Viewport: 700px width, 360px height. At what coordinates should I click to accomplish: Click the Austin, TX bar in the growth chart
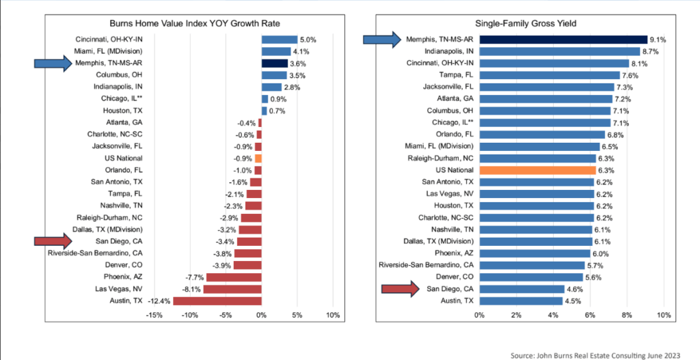tap(217, 301)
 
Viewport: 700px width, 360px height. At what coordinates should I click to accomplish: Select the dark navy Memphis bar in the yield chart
tap(563, 40)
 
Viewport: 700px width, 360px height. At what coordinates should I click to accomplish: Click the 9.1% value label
tap(658, 40)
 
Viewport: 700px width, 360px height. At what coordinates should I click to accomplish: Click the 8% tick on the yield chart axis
tap(626, 315)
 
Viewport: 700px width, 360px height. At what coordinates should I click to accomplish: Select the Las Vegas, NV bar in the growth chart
tap(232, 289)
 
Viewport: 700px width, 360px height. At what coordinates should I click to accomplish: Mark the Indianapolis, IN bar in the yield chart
tap(559, 51)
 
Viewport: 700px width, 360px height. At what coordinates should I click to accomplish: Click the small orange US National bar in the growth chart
tap(258, 158)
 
